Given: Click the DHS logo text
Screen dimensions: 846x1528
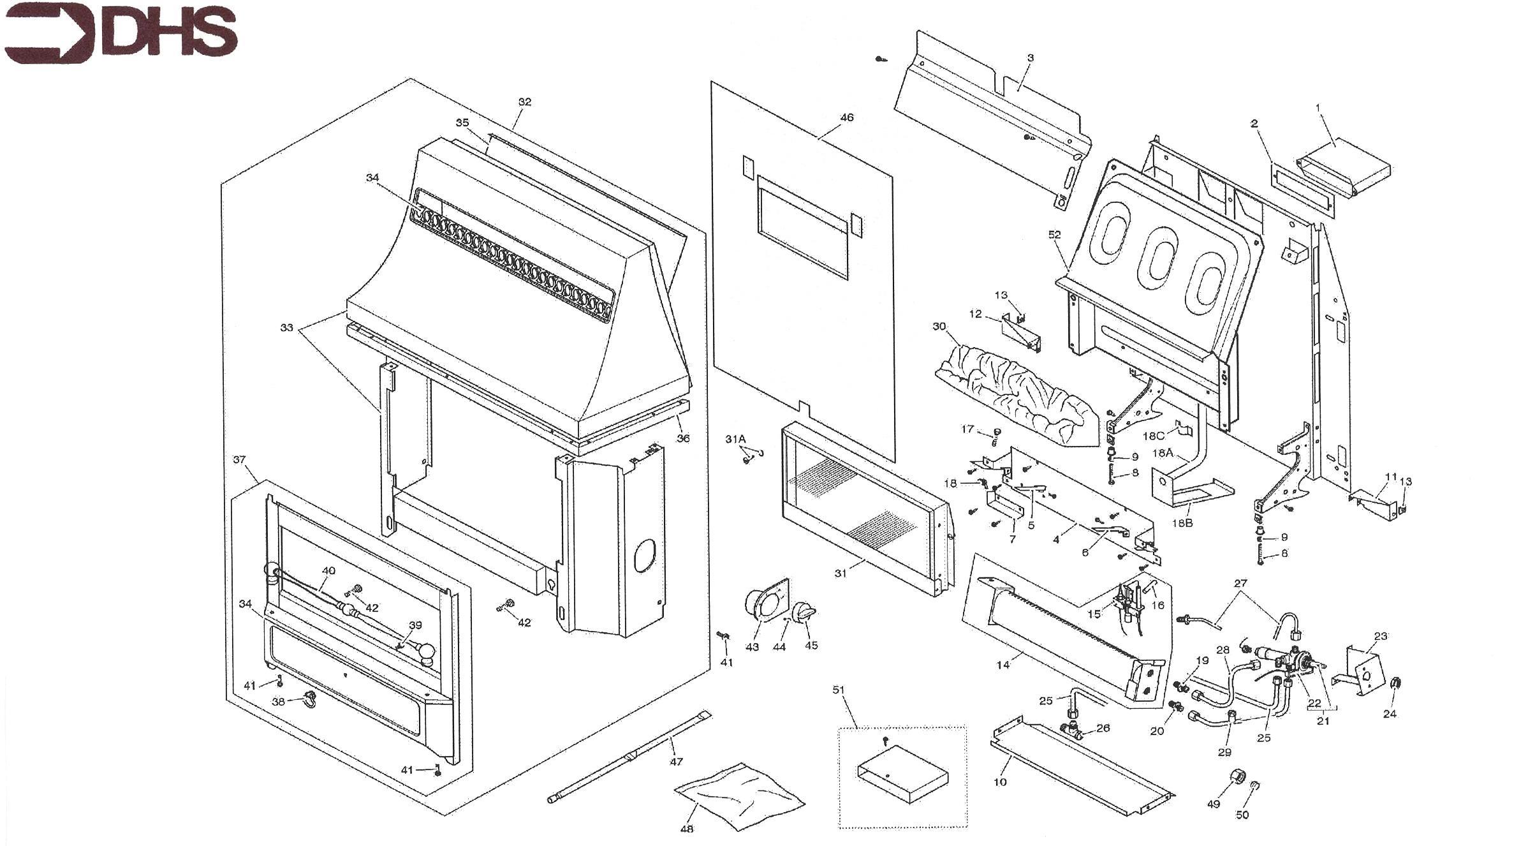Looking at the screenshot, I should tap(169, 33).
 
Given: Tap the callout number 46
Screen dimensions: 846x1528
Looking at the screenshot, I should tap(846, 117).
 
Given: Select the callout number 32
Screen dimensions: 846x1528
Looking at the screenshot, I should tap(524, 102).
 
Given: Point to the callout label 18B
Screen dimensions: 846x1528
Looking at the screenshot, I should tap(1182, 523).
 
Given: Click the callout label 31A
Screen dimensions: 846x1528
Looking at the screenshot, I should tap(735, 440).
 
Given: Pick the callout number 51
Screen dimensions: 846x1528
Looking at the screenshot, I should tap(839, 690).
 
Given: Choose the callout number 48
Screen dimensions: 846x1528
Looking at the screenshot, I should tap(687, 829).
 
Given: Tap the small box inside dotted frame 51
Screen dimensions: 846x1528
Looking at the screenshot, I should tap(902, 774).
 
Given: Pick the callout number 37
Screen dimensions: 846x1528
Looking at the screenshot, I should tap(239, 460).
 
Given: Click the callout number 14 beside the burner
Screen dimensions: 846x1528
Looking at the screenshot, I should tap(1003, 665).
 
